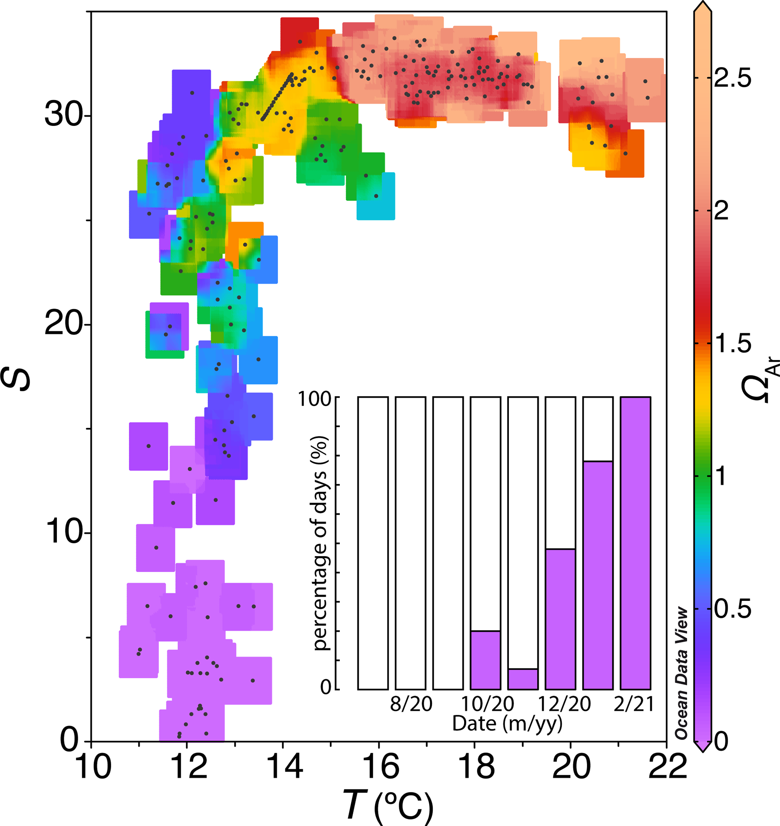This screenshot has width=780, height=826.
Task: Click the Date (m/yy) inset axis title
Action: point(507,724)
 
